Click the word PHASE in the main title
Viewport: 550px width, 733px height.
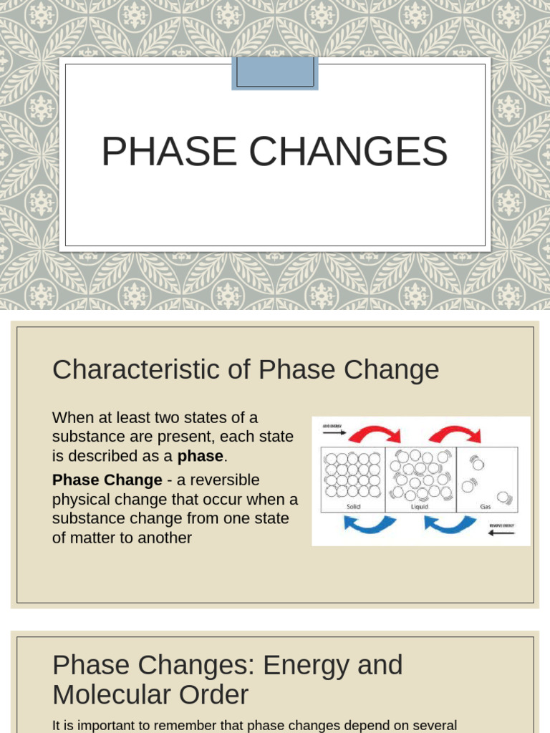pos(169,152)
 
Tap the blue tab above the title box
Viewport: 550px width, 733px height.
pos(275,73)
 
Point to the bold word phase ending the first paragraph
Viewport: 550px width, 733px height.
pos(201,456)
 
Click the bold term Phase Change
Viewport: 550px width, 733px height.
pos(107,480)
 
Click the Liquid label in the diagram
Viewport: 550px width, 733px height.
pos(419,505)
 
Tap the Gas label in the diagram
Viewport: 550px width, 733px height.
pos(486,505)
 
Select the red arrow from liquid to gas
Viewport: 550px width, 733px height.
pos(455,433)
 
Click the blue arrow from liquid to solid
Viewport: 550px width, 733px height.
pos(370,525)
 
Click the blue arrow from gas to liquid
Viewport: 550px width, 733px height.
pos(450,525)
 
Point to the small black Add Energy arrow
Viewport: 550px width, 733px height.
pos(334,433)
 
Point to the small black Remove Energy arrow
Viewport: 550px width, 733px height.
pos(501,533)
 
